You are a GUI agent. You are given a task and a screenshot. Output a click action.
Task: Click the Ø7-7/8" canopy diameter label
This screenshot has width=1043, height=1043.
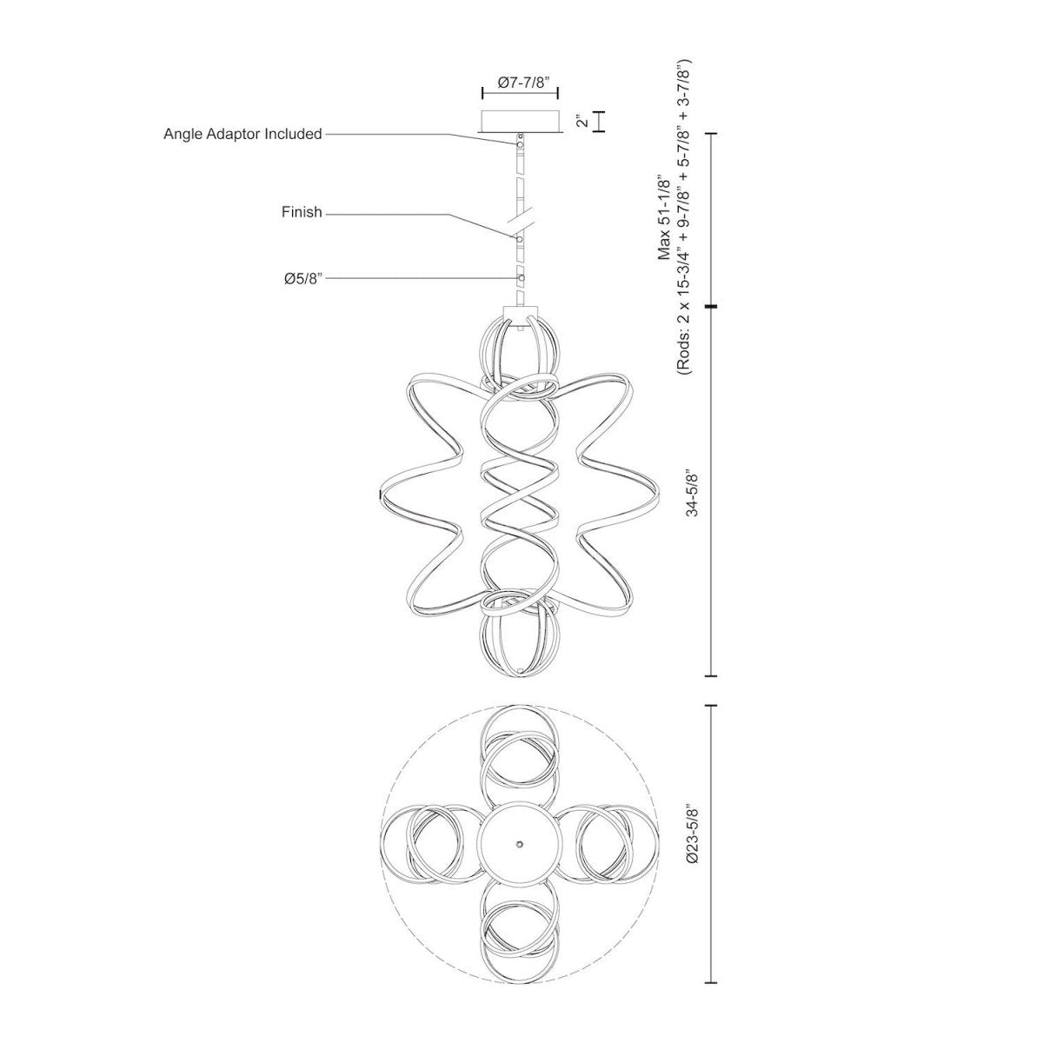click(520, 83)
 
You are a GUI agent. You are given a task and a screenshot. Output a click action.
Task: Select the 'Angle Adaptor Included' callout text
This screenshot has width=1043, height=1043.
click(242, 134)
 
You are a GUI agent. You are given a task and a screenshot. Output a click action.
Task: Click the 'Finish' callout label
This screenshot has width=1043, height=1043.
click(302, 211)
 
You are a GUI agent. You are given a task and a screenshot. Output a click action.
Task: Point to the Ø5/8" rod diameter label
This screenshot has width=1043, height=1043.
click(304, 278)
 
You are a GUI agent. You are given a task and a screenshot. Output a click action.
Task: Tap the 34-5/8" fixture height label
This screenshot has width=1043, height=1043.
click(692, 494)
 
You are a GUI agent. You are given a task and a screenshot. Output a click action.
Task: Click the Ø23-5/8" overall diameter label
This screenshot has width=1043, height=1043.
click(692, 833)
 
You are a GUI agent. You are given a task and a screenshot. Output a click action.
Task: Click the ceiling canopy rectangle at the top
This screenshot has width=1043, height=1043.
click(520, 120)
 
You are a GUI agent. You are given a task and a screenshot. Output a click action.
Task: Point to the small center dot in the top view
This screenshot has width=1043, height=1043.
click(519, 844)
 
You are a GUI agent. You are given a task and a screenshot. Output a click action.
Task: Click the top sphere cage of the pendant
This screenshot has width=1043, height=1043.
click(520, 352)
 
